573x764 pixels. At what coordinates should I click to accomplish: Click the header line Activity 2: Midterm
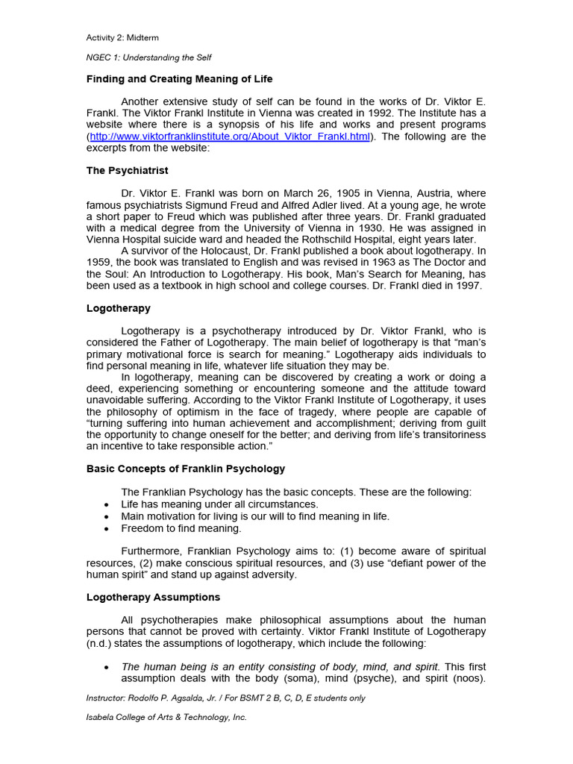(122, 37)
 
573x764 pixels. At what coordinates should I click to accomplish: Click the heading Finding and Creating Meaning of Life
(179, 78)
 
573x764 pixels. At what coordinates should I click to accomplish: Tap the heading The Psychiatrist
(128, 171)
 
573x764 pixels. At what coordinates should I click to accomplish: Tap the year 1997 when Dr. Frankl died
(469, 286)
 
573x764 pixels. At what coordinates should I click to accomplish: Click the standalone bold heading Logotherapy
(118, 308)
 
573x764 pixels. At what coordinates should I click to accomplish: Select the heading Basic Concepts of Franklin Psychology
(186, 469)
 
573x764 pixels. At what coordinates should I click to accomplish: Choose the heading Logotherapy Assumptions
(153, 598)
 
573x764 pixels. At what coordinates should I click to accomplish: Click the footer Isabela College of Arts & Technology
(166, 717)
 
